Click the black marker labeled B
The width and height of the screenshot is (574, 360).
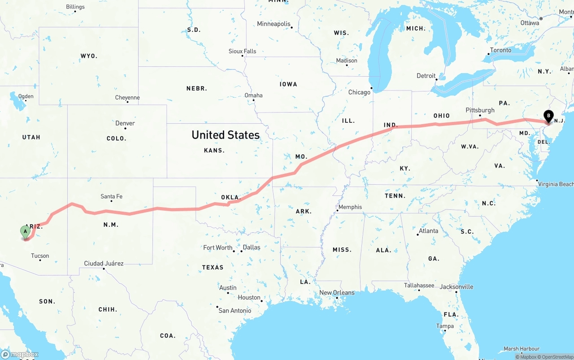[x=548, y=117]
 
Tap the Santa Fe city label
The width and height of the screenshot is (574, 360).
[x=111, y=196]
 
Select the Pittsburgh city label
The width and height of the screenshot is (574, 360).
[x=480, y=110]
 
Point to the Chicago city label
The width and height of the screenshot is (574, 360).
[x=359, y=92]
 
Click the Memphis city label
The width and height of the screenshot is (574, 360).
[x=350, y=207]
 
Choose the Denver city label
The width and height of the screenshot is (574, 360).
[x=125, y=123]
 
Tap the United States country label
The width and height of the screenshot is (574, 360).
[x=225, y=135]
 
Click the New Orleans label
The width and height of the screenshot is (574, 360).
[x=337, y=293]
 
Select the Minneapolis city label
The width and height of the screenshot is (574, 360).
[x=274, y=24]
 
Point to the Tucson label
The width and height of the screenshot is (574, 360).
[x=40, y=256]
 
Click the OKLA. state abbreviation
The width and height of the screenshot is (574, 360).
[x=231, y=197]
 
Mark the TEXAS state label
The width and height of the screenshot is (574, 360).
[x=213, y=267]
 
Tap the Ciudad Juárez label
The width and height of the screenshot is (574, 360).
[x=104, y=264]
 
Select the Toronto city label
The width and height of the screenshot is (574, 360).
[x=500, y=50]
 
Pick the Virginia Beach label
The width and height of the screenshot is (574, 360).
[x=555, y=184]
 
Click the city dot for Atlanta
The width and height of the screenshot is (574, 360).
[x=417, y=234]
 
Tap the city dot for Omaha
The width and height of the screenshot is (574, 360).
[x=253, y=100]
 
